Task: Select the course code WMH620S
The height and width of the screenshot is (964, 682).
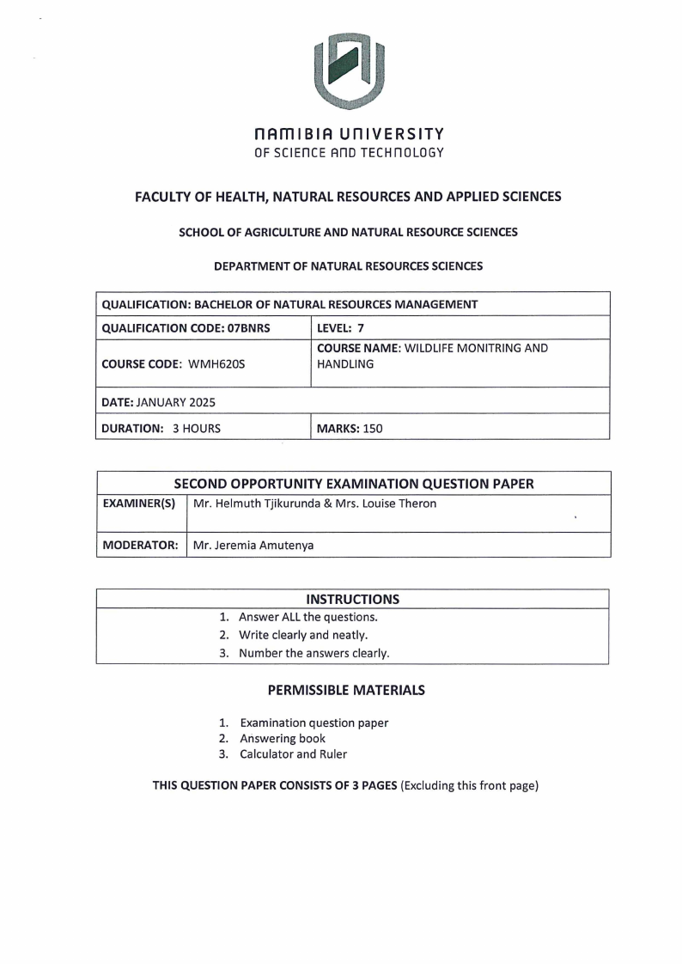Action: pyautogui.click(x=216, y=364)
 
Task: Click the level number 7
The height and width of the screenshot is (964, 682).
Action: pyautogui.click(x=361, y=327)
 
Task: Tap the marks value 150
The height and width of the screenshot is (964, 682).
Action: pyautogui.click(x=373, y=428)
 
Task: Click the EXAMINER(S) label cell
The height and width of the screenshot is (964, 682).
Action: pyautogui.click(x=140, y=503)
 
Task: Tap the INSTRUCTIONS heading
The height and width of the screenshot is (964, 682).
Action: pyautogui.click(x=352, y=599)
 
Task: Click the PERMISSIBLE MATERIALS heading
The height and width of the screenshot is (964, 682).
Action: pyautogui.click(x=346, y=689)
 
